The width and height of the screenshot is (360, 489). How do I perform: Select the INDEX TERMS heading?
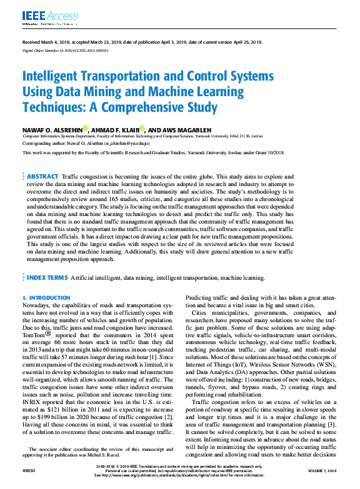[49, 277]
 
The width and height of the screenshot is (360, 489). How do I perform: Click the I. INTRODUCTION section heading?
[46, 299]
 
